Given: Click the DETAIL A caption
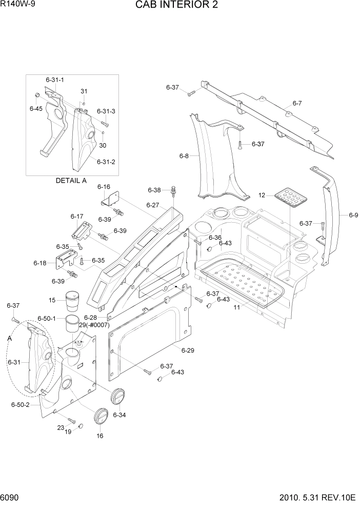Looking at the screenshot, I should pyautogui.click(x=71, y=181).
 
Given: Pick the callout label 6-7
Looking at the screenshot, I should pyautogui.click(x=297, y=104).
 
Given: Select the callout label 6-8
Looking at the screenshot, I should pyautogui.click(x=184, y=155).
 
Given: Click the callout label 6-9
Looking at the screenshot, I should pyautogui.click(x=353, y=216).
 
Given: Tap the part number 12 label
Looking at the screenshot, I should pyautogui.click(x=262, y=195).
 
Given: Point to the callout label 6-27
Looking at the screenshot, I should pyautogui.click(x=153, y=205).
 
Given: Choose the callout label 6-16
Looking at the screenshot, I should pyautogui.click(x=104, y=187).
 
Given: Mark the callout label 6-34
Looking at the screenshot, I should pyautogui.click(x=119, y=414).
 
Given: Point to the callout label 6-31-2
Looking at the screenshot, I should pyautogui.click(x=106, y=162).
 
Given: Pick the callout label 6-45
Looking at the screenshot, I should pyautogui.click(x=36, y=109).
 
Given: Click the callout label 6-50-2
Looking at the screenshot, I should pyautogui.click(x=20, y=405).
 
